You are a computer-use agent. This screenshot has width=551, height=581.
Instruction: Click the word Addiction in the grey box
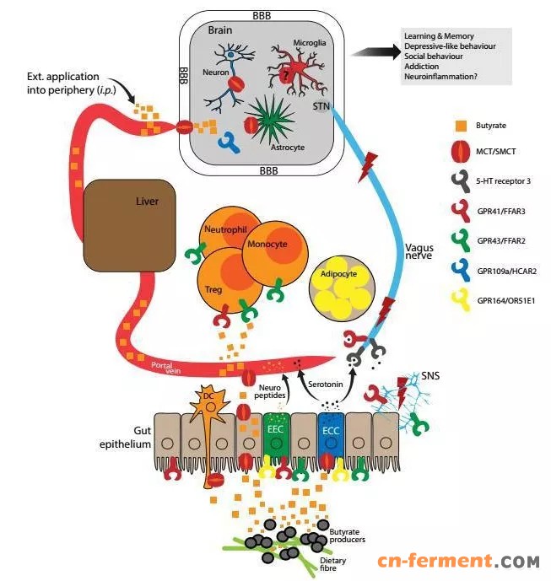coord(421,65)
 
